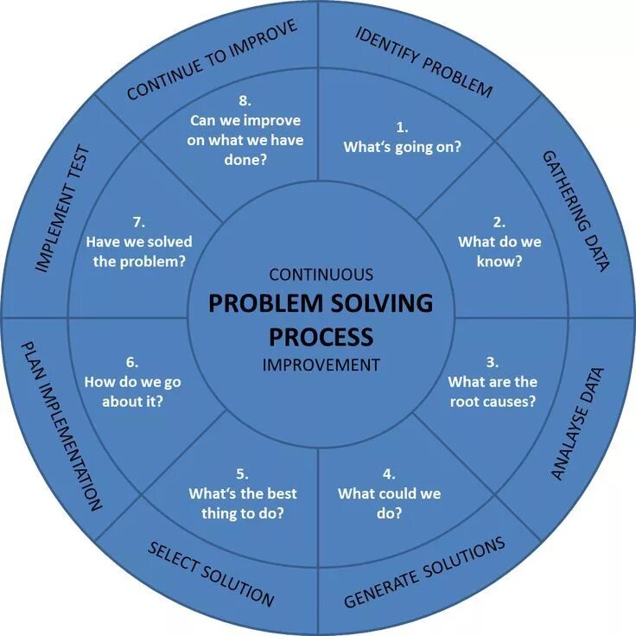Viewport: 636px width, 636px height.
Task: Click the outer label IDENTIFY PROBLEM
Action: pos(423,61)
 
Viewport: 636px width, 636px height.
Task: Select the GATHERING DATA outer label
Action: pos(576,211)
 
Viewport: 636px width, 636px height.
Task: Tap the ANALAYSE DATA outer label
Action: pos(577,423)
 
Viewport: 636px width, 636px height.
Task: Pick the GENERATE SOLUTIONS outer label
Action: pos(424,572)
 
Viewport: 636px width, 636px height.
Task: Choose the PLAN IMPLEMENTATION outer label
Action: pos(60,424)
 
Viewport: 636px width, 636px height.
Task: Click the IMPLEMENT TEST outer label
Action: pos(62,210)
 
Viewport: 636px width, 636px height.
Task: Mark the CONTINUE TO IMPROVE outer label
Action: pos(212,60)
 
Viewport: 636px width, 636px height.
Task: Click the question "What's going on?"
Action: pos(402,147)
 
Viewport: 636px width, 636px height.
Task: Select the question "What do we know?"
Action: pos(499,251)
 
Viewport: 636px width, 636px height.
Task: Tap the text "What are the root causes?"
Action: pos(493,391)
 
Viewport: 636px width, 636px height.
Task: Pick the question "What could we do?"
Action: pos(389,503)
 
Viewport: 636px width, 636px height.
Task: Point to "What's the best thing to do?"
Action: pos(242,503)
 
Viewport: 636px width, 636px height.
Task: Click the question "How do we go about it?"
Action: pos(132,391)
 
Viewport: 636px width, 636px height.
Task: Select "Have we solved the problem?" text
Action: pos(139,251)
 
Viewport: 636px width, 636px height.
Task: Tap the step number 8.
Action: pos(246,100)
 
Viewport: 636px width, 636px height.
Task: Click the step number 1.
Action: pos(402,127)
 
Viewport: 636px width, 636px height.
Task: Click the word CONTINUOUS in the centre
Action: pos(321,275)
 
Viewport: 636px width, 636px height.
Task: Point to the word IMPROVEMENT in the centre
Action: pos(321,365)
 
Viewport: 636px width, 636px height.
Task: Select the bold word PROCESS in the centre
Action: pos(321,335)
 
